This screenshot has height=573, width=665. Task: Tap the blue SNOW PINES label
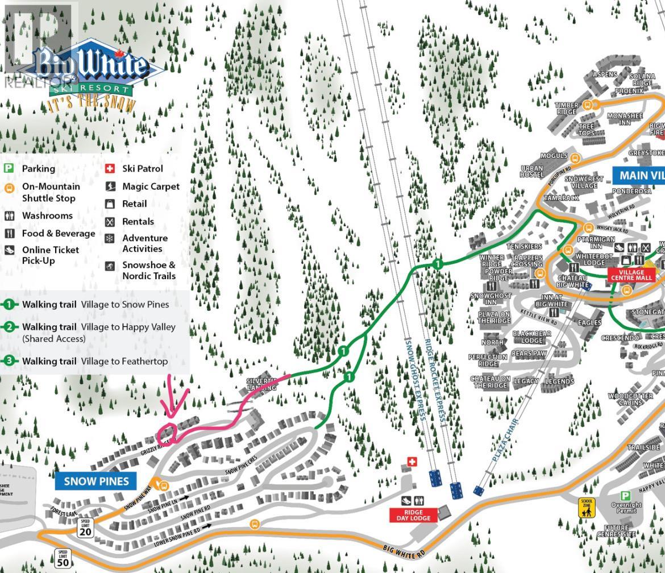(x=96, y=481)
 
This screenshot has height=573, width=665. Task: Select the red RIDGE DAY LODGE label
(x=413, y=515)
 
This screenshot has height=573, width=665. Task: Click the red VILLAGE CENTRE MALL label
(x=631, y=275)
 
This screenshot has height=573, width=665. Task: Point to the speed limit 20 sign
(x=85, y=528)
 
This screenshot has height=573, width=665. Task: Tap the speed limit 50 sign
(x=63, y=558)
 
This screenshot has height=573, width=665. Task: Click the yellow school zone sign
(x=586, y=508)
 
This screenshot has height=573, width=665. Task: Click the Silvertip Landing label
(x=261, y=384)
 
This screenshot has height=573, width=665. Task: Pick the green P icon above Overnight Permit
(x=625, y=496)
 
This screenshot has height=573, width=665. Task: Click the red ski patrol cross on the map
(x=413, y=462)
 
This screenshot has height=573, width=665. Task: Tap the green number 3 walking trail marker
(x=9, y=361)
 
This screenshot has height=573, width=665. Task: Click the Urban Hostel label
(x=532, y=171)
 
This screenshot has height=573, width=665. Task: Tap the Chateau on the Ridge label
(x=489, y=382)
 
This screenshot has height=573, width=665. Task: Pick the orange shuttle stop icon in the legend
(x=9, y=188)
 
